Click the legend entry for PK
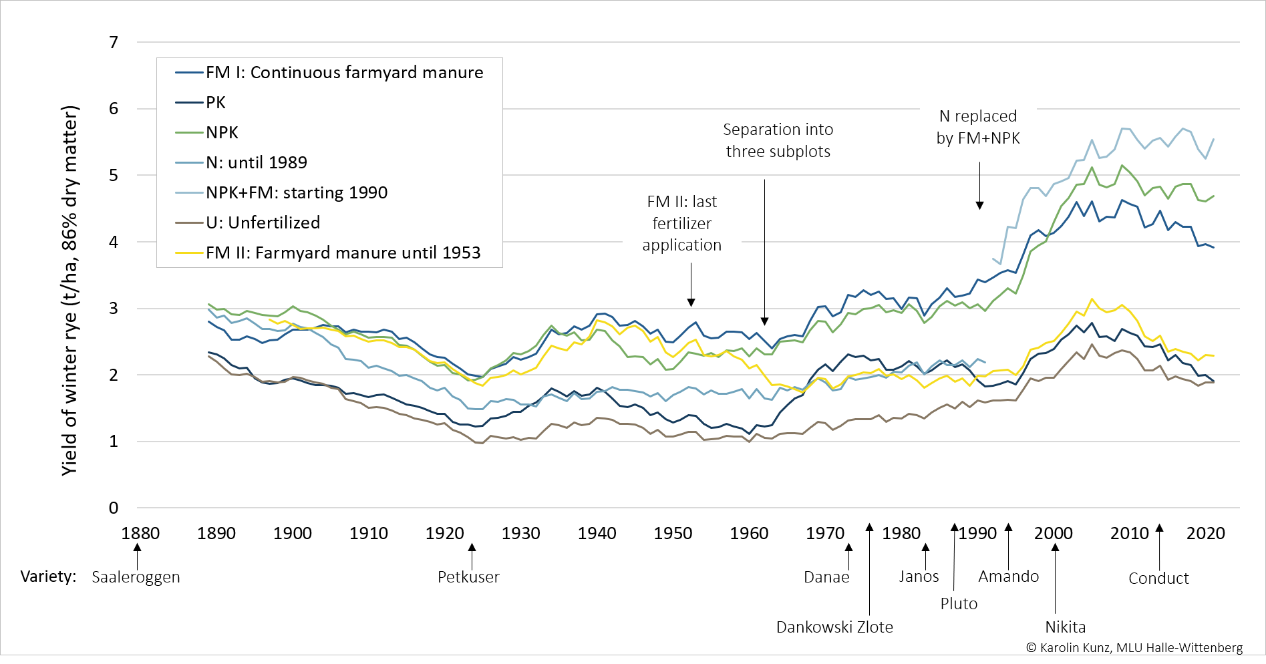click(215, 102)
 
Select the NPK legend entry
click(222, 132)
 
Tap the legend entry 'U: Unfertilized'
click(263, 222)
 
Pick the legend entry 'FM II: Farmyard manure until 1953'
click(343, 253)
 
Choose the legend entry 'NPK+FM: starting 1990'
click(296, 192)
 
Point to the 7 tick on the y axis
click(114, 43)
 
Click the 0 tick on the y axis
click(114, 508)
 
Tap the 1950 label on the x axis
click(673, 533)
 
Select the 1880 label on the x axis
click(140, 533)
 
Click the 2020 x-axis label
click(1205, 533)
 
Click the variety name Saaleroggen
click(136, 577)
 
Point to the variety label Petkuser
click(468, 577)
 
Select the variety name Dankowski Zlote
click(834, 627)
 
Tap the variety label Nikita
click(1065, 627)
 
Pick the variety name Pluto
click(959, 604)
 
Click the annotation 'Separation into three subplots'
click(778, 140)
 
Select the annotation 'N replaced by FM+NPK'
click(978, 127)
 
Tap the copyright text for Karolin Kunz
click(1134, 647)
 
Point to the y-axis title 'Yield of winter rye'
click(70, 291)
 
